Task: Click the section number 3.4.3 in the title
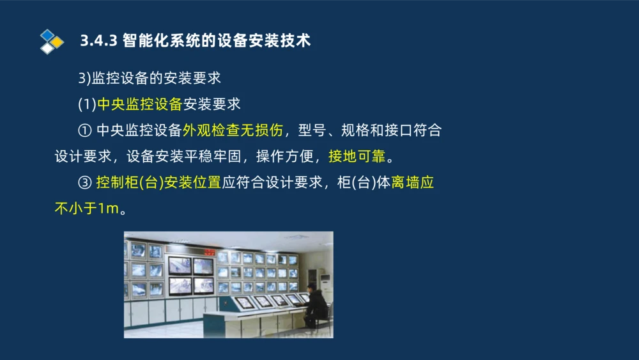[x=98, y=41]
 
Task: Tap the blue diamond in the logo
[x=47, y=35]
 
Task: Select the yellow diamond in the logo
[x=57, y=42]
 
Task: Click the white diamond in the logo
[x=47, y=49]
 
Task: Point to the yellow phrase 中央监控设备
[x=139, y=104]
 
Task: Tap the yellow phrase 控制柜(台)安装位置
[x=158, y=182]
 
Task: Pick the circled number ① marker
[x=85, y=130]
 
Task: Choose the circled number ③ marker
[x=85, y=183]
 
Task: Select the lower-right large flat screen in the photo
[x=203, y=285]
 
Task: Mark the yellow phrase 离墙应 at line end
[x=413, y=182]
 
